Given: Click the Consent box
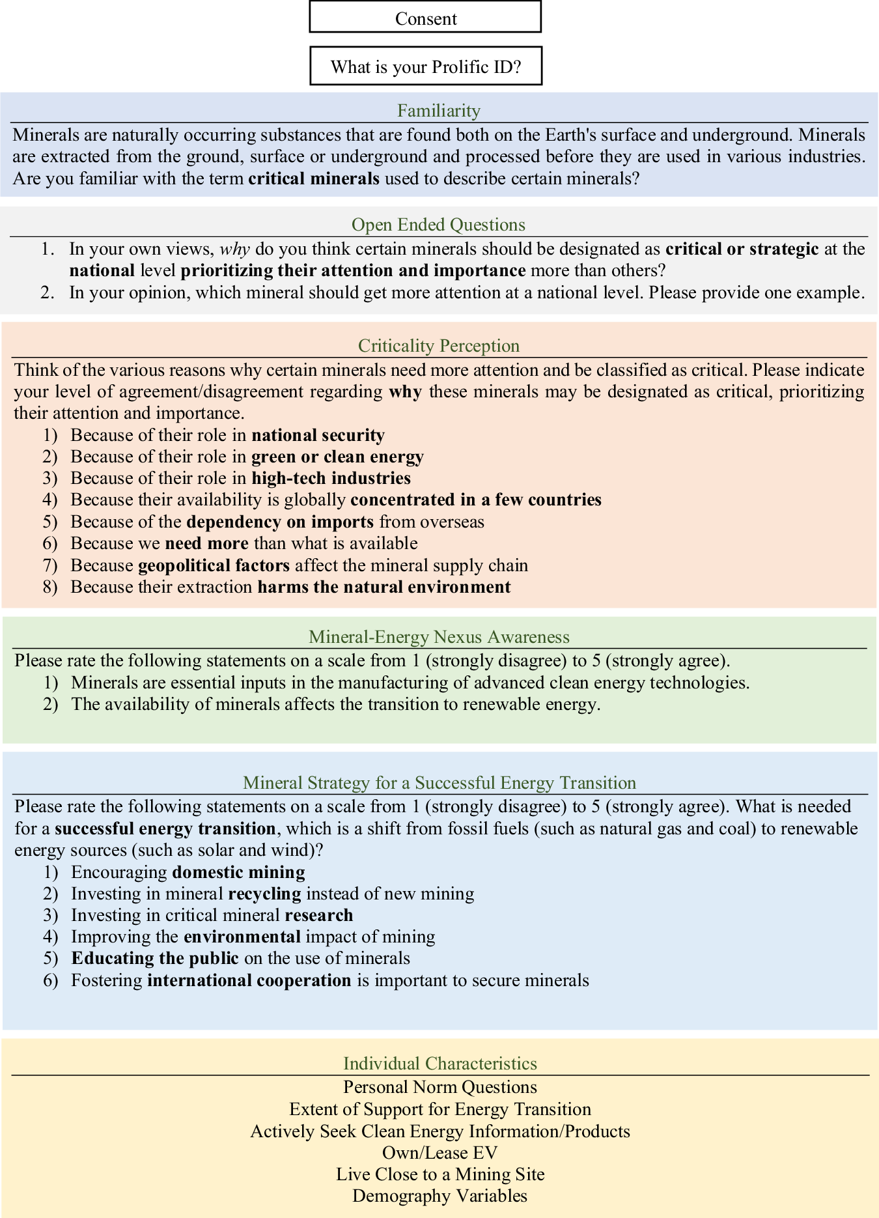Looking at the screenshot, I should coord(425,18).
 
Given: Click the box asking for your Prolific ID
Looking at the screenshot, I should coord(426,66).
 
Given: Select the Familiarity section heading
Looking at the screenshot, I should coord(439,111).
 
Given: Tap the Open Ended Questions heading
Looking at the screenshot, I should coord(438,225).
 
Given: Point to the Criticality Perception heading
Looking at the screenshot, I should coord(439,346).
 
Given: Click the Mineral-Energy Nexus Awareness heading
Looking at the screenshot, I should coord(439,637).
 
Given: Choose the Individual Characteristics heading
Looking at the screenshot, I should coord(440,1064).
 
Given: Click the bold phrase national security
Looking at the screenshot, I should coord(318,435).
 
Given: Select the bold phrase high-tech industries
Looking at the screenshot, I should coord(331,479).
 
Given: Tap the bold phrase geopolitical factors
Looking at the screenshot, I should coord(214,565).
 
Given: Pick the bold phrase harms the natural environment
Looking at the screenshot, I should coord(384,588).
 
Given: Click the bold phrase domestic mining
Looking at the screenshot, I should coord(238,872).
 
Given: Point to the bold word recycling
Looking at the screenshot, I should coord(264,894).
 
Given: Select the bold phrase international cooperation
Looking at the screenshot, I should coord(249,980).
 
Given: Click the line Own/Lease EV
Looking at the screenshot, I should coord(440,1153).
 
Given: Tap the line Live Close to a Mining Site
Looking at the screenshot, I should coord(440,1174).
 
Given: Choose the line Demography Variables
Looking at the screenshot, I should coord(440,1196).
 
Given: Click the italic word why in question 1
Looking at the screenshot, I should coord(235,249).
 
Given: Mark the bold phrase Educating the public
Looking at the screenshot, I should coord(155,958).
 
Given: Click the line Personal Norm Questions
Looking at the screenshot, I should coord(440,1087).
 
